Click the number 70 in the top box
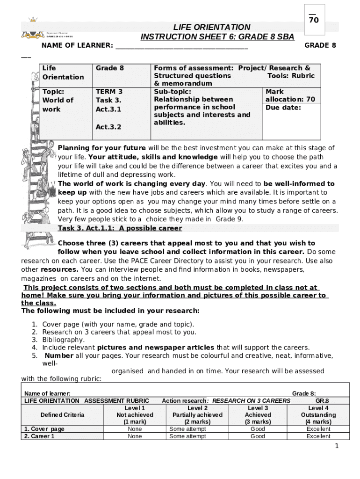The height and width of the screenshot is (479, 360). [314, 20]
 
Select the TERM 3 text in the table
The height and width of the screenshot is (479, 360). [109, 92]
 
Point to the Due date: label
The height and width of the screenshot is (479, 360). [283, 108]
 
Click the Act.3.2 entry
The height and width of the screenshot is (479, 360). [108, 127]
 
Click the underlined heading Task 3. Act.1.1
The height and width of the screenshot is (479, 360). [120, 228]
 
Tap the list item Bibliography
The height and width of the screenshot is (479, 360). [64, 340]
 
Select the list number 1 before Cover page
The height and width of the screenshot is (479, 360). [35, 324]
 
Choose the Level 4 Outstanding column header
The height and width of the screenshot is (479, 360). [318, 415]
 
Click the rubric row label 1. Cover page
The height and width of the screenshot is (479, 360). [44, 429]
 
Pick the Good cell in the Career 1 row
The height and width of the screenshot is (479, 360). [258, 436]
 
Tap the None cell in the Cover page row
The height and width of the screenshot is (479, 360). [135, 429]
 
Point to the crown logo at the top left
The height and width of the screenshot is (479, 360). [32, 20]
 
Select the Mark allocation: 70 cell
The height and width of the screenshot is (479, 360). [290, 96]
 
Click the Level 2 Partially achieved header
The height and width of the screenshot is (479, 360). [197, 415]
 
